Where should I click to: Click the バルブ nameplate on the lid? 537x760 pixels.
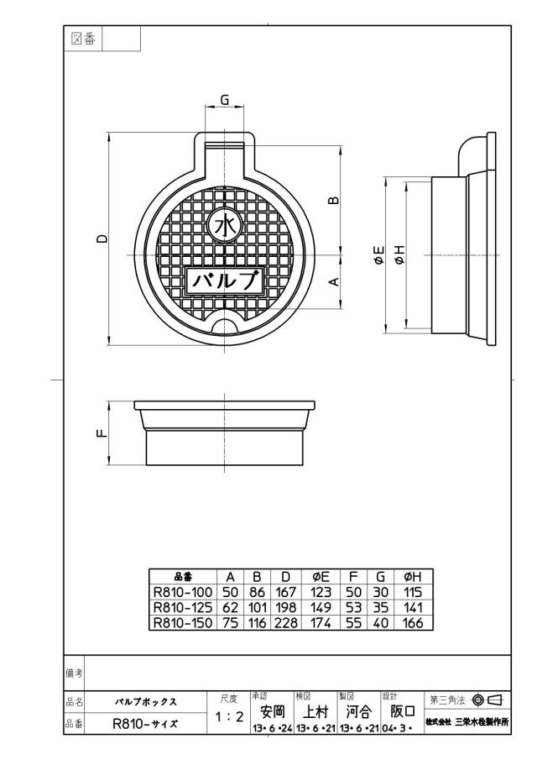click(224, 280)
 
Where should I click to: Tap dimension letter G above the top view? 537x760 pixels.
click(225, 100)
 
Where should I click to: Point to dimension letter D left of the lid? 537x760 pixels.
click(102, 238)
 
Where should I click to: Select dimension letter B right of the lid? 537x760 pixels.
click(334, 199)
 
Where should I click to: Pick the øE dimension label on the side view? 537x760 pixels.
click(378, 255)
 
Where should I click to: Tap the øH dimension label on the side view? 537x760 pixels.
click(399, 255)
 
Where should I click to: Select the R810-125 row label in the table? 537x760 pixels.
click(183, 607)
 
